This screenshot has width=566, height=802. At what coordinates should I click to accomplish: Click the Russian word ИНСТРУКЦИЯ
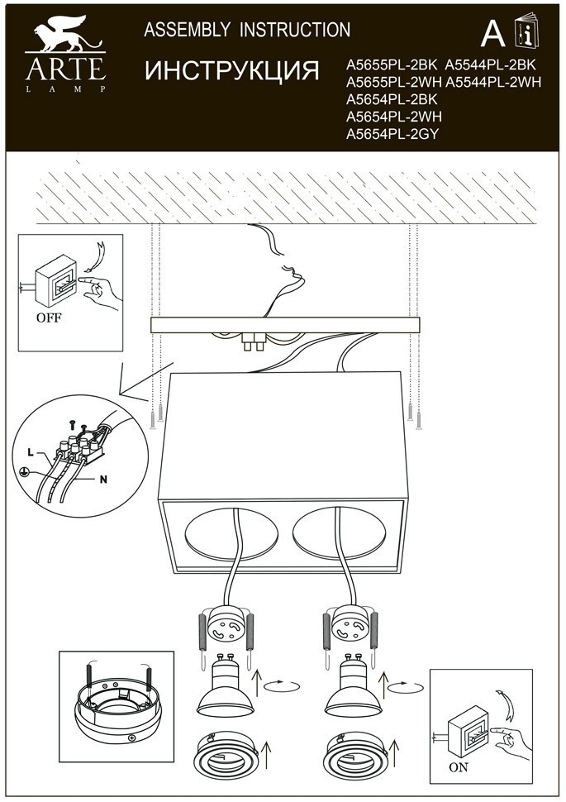[x=232, y=71]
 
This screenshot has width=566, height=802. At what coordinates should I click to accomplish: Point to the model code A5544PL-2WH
[x=494, y=82]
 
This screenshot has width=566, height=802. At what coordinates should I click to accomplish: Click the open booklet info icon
[x=523, y=31]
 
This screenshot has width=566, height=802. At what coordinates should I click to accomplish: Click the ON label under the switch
[x=459, y=766]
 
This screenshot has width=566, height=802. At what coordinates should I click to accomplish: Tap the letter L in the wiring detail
[x=31, y=452]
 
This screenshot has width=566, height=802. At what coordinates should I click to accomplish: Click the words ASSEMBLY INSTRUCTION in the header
[x=247, y=31]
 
